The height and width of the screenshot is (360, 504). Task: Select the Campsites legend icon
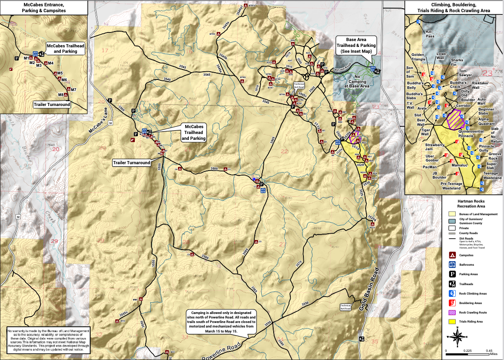452,255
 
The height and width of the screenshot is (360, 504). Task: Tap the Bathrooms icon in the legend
452,264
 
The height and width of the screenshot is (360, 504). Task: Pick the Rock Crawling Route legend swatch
452,312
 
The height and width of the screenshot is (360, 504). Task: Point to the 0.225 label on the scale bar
467,351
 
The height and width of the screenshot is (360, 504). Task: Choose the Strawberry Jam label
435,147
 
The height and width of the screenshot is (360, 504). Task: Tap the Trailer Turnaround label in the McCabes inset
52,104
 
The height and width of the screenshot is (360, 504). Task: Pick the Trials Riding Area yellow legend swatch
452,322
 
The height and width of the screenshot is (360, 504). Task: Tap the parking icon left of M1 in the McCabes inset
17,58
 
